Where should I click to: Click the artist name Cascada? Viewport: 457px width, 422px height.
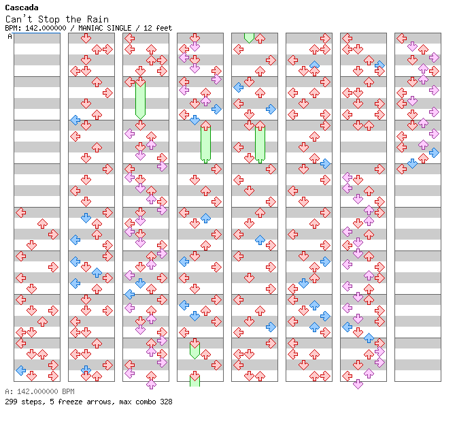tap(21, 7)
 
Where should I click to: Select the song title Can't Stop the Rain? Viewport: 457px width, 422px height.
tap(56, 19)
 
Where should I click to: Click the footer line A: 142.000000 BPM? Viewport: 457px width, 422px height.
tap(39, 392)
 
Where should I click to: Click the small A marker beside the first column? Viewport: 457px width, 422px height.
tap(10, 36)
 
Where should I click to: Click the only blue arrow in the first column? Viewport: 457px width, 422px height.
tap(21, 370)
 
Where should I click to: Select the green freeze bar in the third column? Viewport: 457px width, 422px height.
tap(140, 99)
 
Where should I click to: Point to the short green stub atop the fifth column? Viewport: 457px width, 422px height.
tap(249, 37)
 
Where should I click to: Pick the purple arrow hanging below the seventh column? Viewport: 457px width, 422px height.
tap(358, 384)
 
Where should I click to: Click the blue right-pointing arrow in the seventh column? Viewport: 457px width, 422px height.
tap(379, 65)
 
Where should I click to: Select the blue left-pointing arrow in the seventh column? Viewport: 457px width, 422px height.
tap(348, 327)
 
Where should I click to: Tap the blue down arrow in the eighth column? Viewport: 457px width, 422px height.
tap(412, 163)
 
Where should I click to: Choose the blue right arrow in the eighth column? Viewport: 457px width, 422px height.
tap(434, 152)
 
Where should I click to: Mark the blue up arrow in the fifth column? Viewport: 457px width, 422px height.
tap(260, 240)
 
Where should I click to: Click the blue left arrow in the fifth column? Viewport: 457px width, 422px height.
tap(238, 87)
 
